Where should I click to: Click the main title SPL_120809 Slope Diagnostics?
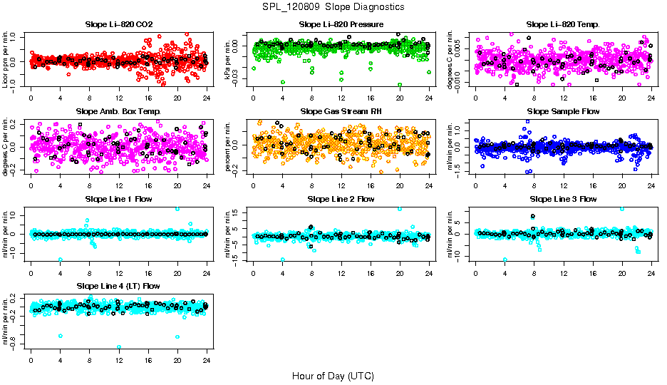[333, 6]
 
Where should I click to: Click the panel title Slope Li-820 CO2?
[118, 24]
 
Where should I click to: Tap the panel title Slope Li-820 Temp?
[563, 24]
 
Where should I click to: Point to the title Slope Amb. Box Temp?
[118, 111]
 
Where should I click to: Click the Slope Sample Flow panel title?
[563, 111]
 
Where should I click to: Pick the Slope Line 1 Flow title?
[118, 198]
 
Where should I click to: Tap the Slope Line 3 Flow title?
[563, 198]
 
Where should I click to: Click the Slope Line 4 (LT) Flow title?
[118, 285]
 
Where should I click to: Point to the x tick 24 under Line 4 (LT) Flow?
[207, 361]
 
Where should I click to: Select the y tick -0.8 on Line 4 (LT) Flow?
[16, 346]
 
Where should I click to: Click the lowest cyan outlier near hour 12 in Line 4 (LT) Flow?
[119, 347]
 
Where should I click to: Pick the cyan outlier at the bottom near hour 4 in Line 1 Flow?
[61, 260]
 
